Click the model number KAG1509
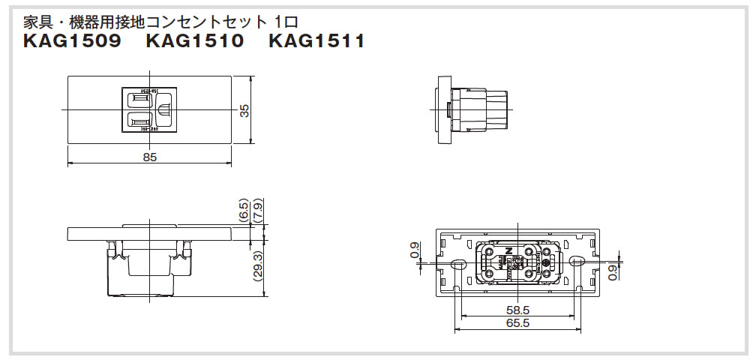coord(73,42)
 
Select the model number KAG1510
coord(196,42)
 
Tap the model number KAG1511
coord(316,42)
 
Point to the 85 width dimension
coord(150,157)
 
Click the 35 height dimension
coord(244,110)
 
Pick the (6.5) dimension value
coord(244,211)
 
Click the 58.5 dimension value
coord(518,310)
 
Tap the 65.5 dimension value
coord(518,323)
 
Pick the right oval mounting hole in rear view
coord(577,262)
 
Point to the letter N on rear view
coord(508,250)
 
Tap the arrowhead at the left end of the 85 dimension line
coord(70,163)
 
